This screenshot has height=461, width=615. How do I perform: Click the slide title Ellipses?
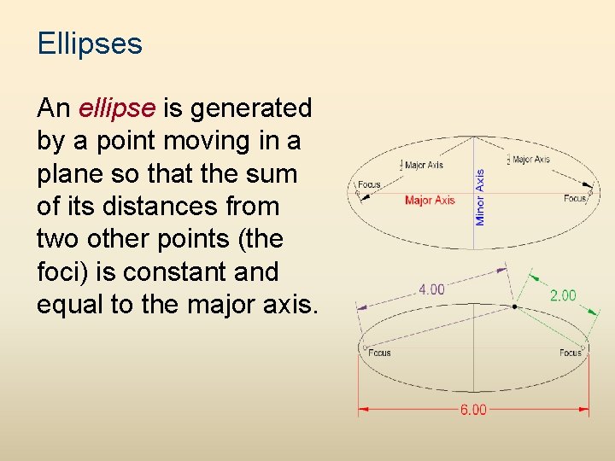[90, 44]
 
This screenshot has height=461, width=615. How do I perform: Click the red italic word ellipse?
[117, 108]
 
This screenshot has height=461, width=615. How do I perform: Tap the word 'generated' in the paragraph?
[251, 108]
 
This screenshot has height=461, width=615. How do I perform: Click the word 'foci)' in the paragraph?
[61, 272]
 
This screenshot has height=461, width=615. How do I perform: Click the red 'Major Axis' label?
[430, 201]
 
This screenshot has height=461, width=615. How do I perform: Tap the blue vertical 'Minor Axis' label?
[480, 197]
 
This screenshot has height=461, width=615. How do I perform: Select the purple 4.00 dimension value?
[431, 289]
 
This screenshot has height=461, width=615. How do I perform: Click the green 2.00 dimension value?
[562, 295]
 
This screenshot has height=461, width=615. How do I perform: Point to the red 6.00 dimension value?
[473, 410]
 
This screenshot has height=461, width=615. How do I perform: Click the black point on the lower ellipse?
[514, 305]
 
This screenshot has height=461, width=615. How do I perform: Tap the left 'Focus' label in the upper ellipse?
[369, 184]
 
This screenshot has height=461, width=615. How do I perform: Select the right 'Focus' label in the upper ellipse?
[575, 198]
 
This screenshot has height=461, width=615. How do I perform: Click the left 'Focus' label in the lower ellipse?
[379, 353]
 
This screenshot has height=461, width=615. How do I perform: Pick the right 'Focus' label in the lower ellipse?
[570, 353]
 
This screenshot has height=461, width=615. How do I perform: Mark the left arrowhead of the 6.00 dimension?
[363, 410]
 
